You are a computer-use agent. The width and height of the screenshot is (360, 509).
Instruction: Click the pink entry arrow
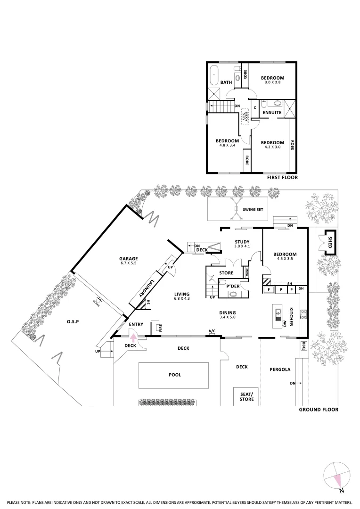[x=133, y=337]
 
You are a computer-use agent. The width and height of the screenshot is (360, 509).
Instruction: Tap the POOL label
[x=175, y=375]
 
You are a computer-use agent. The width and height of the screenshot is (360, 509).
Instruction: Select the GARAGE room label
[x=128, y=259]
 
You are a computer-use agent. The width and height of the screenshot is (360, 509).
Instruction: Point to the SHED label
[x=330, y=243]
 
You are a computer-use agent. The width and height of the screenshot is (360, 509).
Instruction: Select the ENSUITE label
[x=272, y=113]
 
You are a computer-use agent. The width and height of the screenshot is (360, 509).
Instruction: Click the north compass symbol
[x=337, y=476]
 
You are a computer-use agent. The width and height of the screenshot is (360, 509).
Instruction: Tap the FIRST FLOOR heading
[x=282, y=178]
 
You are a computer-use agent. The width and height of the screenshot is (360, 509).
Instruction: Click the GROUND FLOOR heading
[x=319, y=410]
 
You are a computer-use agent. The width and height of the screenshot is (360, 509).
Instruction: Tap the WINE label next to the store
[x=247, y=272]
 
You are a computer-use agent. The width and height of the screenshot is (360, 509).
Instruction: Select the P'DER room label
[x=232, y=286]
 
